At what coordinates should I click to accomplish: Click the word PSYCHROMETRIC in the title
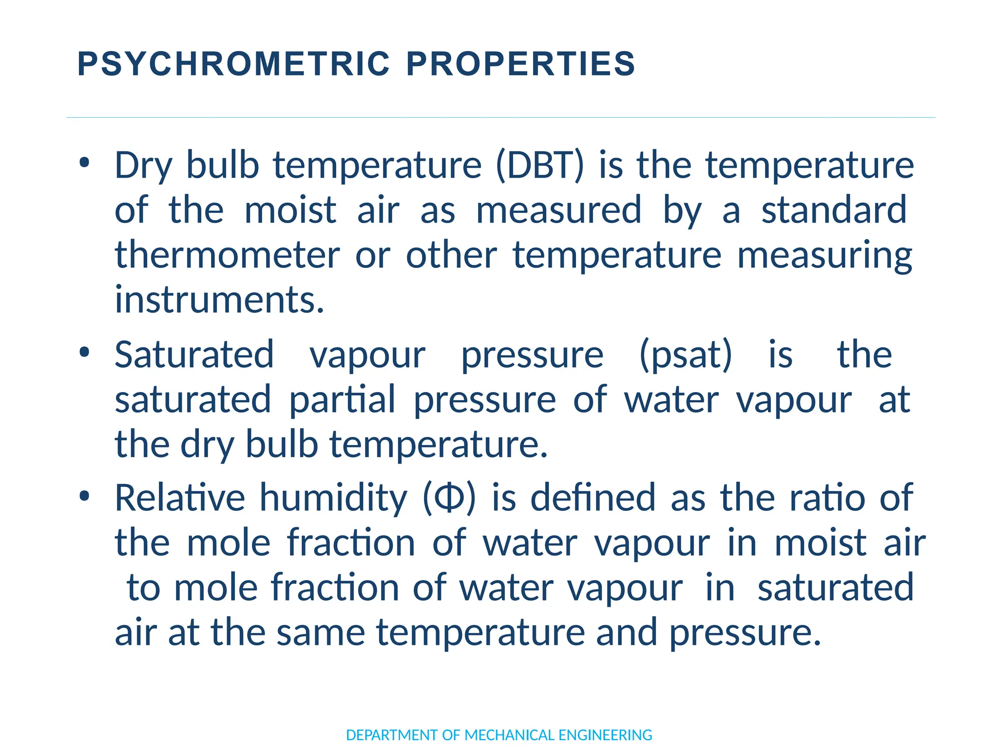click(233, 64)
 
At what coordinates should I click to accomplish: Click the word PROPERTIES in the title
click(520, 64)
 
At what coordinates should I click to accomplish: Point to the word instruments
click(219, 299)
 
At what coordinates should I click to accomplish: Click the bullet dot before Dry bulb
click(84, 163)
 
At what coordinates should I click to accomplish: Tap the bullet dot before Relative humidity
click(84, 496)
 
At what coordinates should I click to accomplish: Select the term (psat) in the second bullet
click(685, 355)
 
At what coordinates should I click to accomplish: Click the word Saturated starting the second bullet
click(194, 354)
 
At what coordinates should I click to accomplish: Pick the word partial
click(342, 399)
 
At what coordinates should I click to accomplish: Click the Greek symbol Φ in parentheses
click(449, 498)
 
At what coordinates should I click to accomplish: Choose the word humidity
click(333, 498)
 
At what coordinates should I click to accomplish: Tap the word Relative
click(179, 498)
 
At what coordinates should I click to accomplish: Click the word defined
click(593, 498)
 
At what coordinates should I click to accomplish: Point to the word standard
click(834, 210)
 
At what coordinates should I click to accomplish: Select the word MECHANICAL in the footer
click(510, 735)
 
